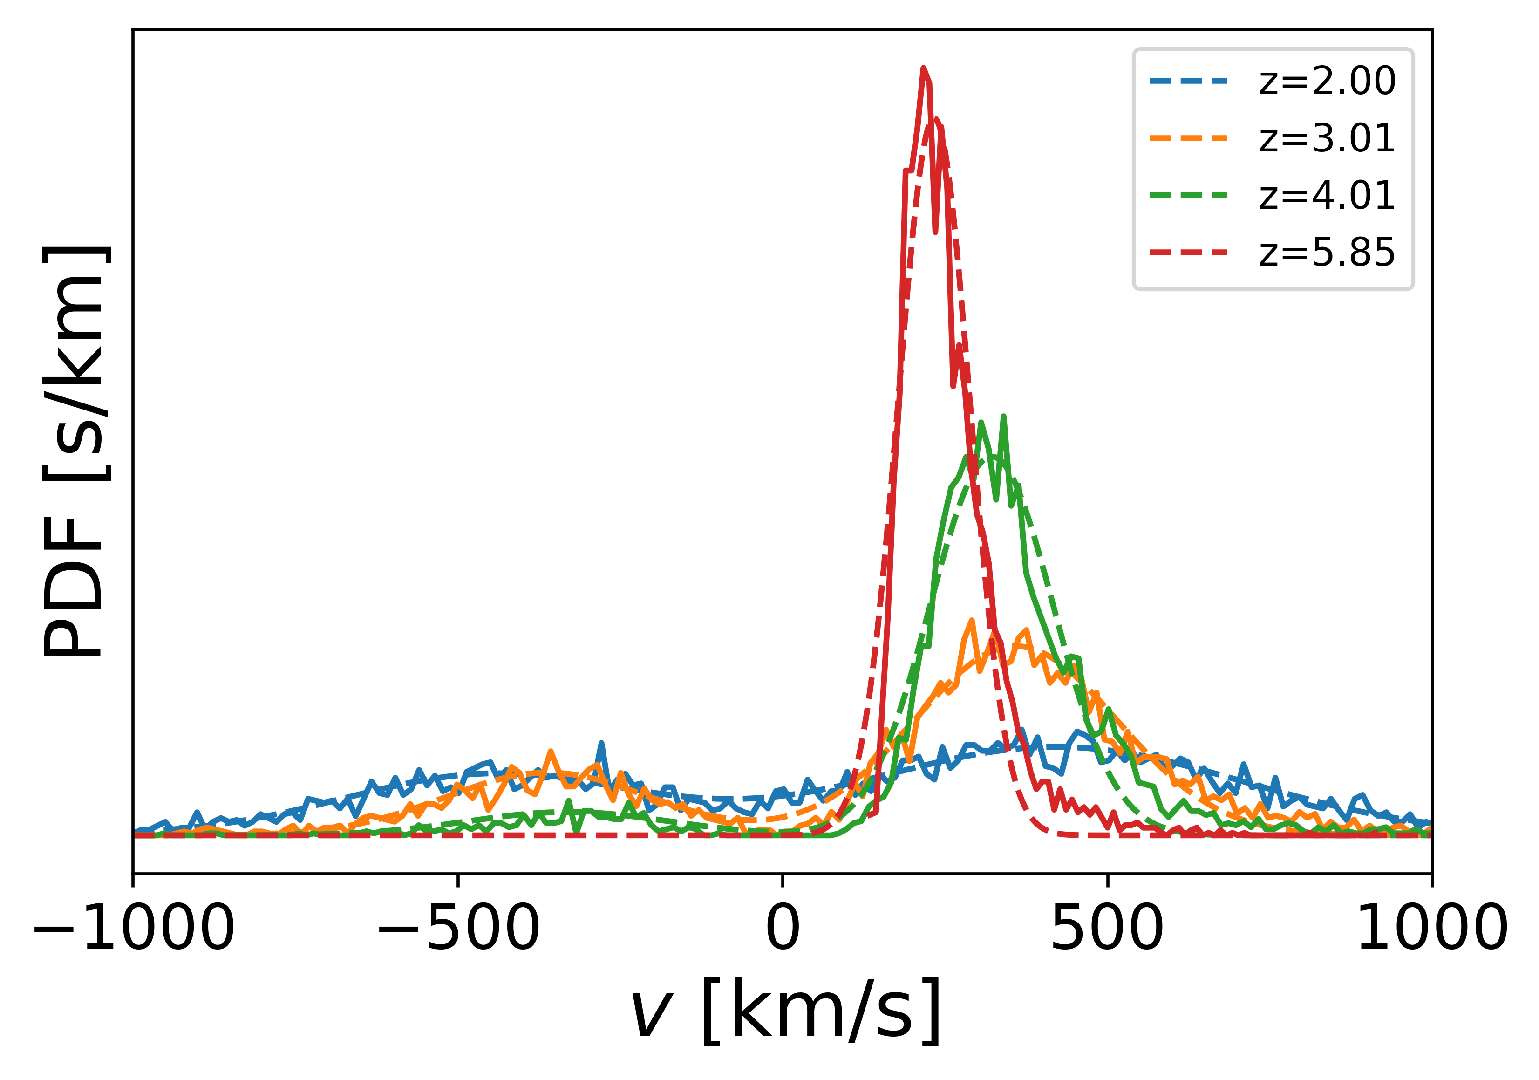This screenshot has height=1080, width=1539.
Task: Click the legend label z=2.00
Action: coord(1327,81)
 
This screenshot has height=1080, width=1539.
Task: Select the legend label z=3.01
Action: coord(1327,139)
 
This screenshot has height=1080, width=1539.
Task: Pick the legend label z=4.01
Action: coord(1327,196)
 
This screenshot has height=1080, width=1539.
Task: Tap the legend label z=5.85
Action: coord(1327,253)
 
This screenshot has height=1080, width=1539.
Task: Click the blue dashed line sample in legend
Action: coord(1188,81)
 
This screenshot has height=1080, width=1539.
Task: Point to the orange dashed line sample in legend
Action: coord(1188,139)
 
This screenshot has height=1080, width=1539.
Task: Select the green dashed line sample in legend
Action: coord(1188,196)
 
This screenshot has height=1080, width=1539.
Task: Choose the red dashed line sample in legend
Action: coord(1188,253)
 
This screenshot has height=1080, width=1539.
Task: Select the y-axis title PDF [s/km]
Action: coord(74,451)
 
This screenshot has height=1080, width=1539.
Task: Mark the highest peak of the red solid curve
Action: coord(924,68)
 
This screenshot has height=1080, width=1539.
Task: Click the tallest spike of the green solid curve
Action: coord(1003,417)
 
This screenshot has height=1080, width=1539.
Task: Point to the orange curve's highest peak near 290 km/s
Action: coord(971,621)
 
